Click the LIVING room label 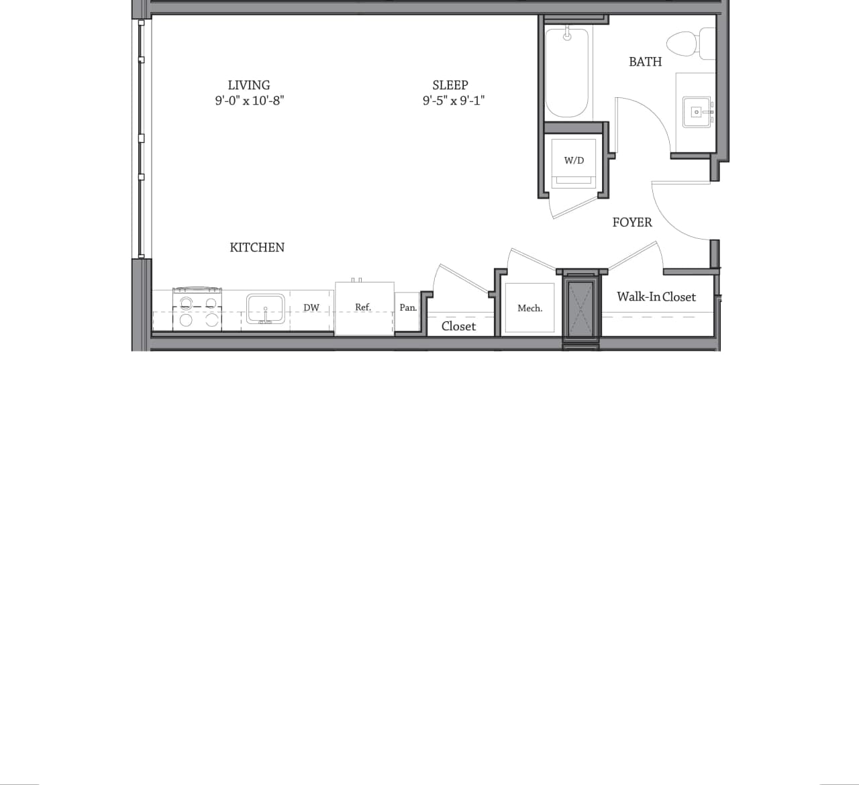[x=248, y=85]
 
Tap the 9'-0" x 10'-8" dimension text [x=250, y=101]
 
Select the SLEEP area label [x=450, y=85]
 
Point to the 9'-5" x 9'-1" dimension [x=454, y=101]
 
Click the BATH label [x=645, y=62]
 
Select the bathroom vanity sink [x=697, y=112]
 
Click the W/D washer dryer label [x=574, y=160]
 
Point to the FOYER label [x=632, y=222]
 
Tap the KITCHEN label [x=257, y=248]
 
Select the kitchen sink [x=266, y=309]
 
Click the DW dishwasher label [x=311, y=308]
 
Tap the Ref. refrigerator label [x=363, y=307]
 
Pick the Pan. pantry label [x=408, y=308]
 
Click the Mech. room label [x=529, y=309]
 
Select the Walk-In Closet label [x=656, y=297]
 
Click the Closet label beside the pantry [x=458, y=326]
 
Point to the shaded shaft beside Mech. [x=581, y=309]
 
